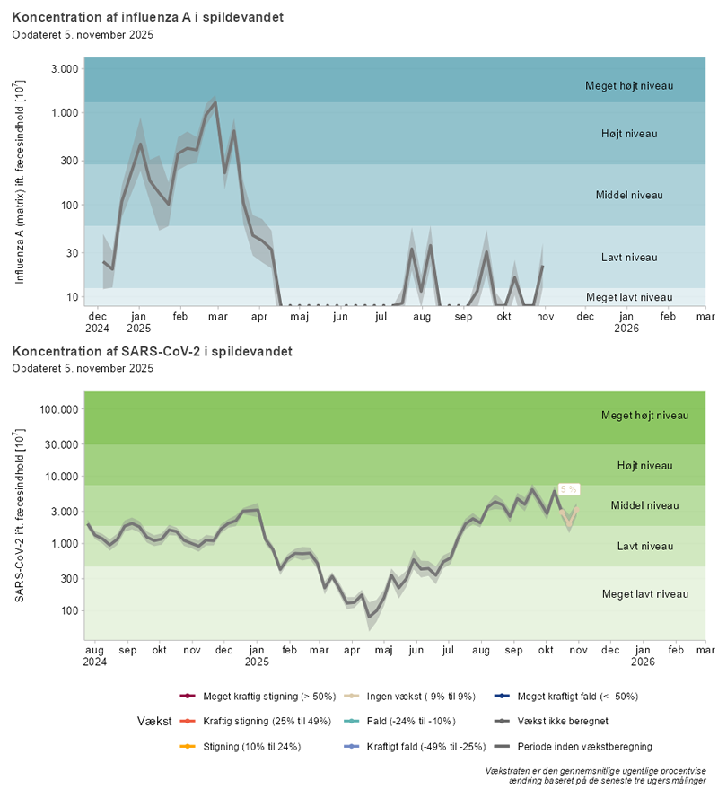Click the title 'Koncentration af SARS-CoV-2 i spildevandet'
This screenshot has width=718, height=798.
(x=153, y=351)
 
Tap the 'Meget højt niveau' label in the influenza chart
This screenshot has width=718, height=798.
(x=628, y=86)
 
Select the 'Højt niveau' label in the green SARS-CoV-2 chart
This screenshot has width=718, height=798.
(x=644, y=465)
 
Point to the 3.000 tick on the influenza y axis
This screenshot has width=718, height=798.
(x=63, y=69)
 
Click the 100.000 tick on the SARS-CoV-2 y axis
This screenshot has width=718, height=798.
(x=58, y=409)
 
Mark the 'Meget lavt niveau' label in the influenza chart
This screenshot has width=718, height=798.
(x=628, y=297)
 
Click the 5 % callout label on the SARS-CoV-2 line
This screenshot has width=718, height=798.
(x=569, y=489)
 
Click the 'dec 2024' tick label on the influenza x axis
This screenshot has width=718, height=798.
(x=97, y=322)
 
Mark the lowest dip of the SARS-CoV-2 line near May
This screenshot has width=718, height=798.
(x=369, y=617)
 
